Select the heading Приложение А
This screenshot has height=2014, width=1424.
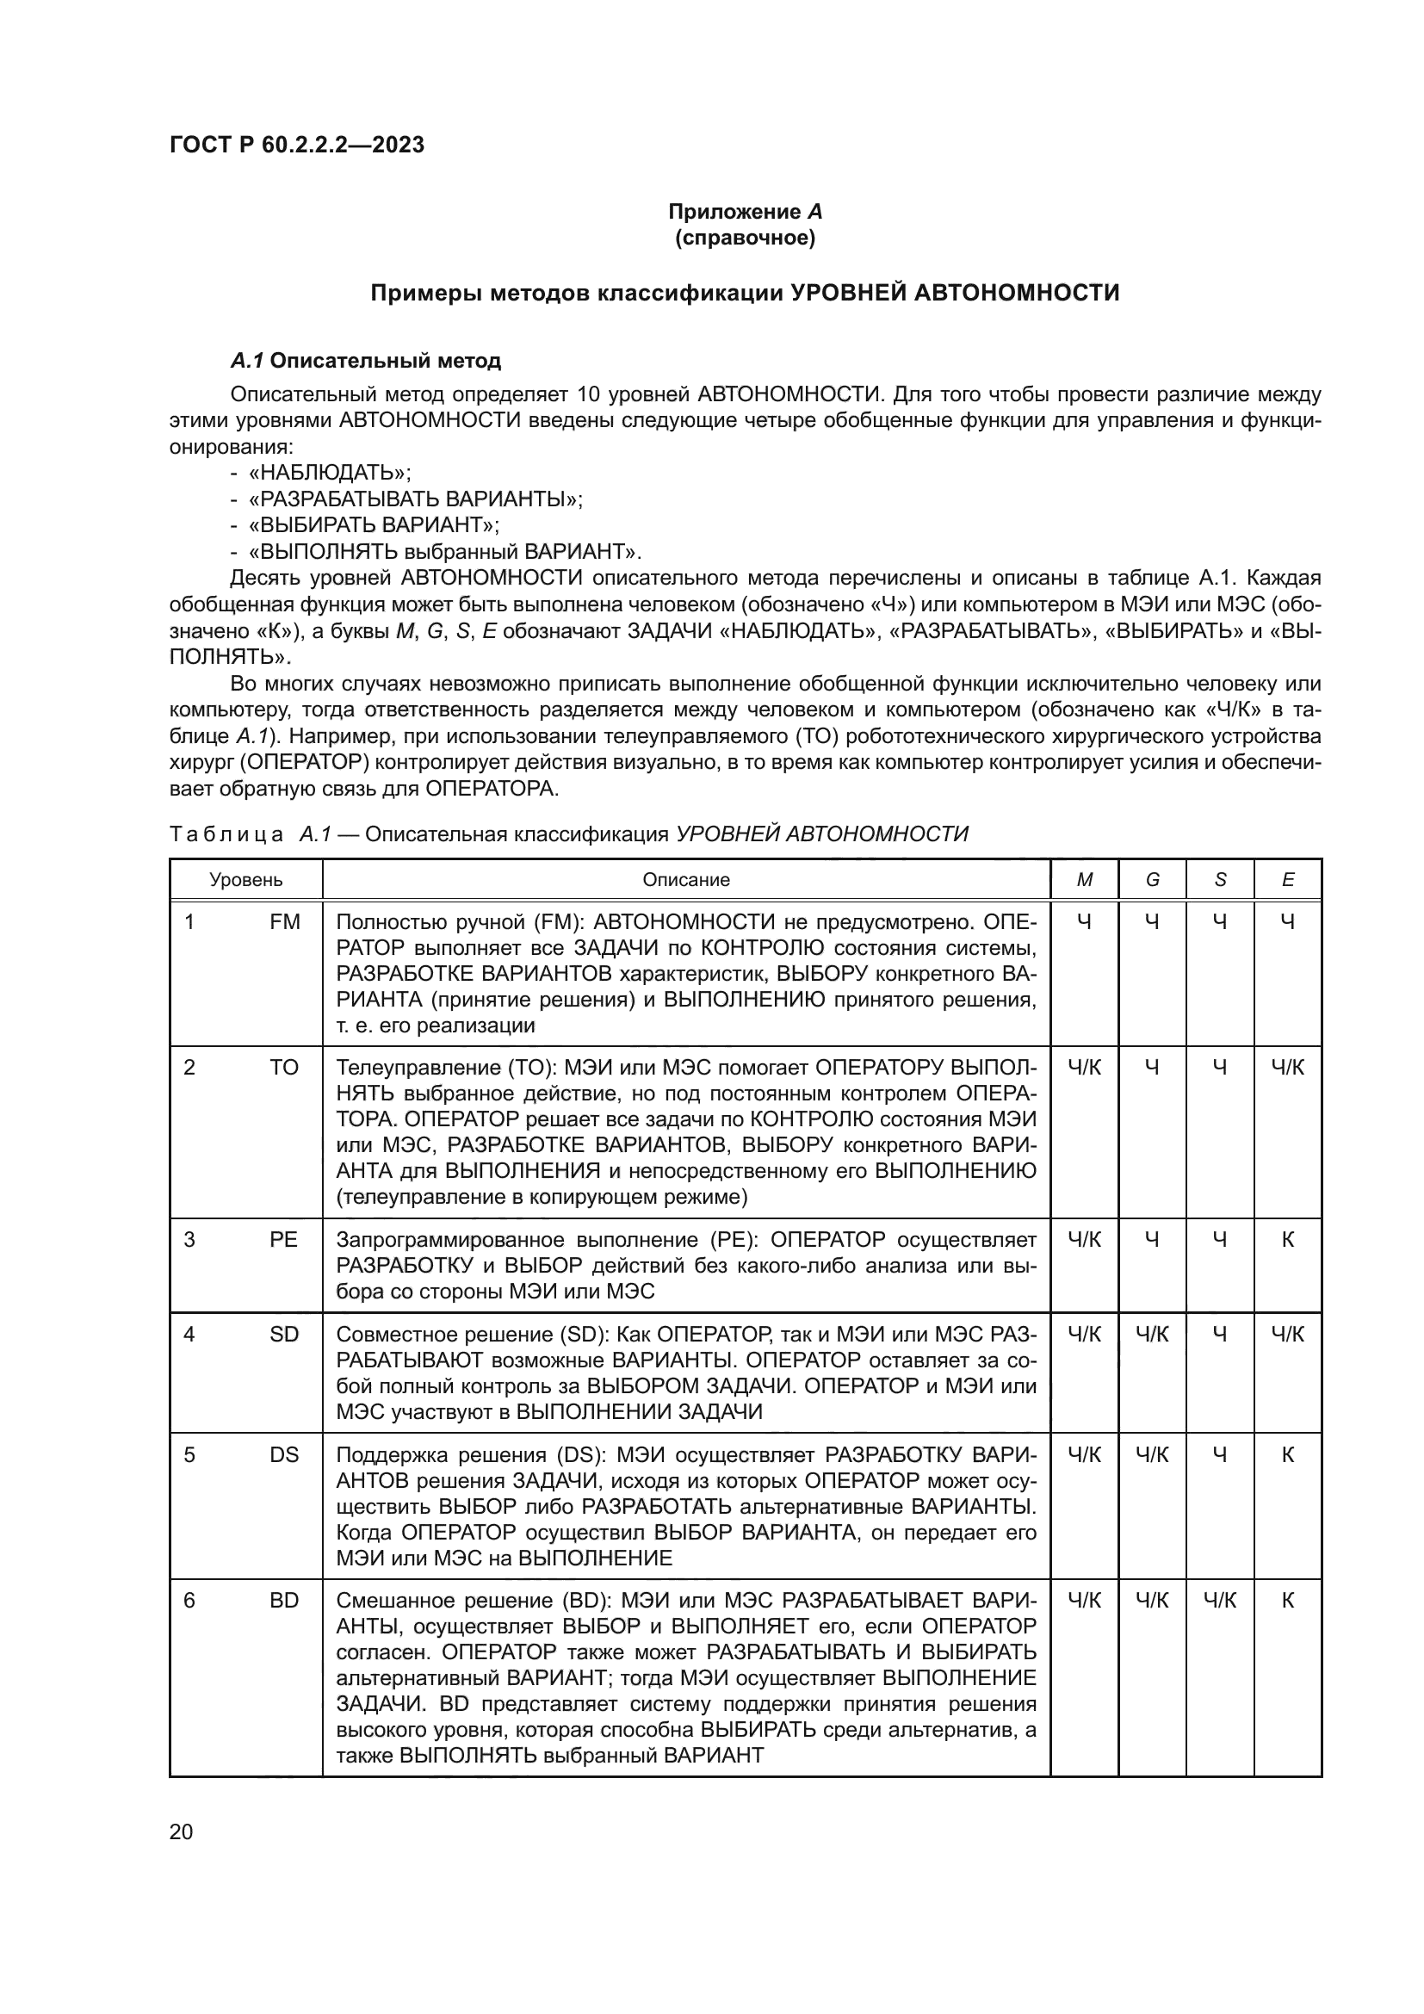point(745,212)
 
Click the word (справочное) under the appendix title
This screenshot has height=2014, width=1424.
point(745,238)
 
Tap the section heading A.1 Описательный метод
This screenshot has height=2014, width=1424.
point(366,361)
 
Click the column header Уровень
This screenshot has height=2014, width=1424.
point(245,880)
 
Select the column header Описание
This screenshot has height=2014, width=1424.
point(685,880)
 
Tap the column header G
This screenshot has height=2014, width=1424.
point(1152,880)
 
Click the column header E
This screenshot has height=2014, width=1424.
point(1287,880)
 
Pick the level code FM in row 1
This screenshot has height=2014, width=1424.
point(285,922)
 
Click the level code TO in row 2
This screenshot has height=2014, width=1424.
point(285,1068)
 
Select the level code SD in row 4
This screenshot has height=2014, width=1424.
point(285,1334)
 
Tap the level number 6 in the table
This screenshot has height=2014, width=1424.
point(189,1601)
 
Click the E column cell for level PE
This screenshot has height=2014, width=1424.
point(1287,1239)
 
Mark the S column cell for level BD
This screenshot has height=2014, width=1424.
point(1220,1601)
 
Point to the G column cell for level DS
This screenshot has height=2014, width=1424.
point(1152,1455)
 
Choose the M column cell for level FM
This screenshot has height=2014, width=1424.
point(1085,922)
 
